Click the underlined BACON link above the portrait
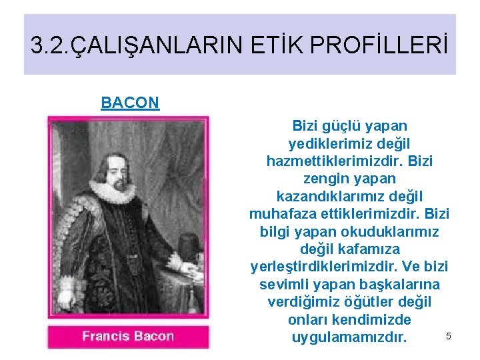[130, 103]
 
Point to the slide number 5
[449, 336]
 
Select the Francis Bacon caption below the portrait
[128, 336]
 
